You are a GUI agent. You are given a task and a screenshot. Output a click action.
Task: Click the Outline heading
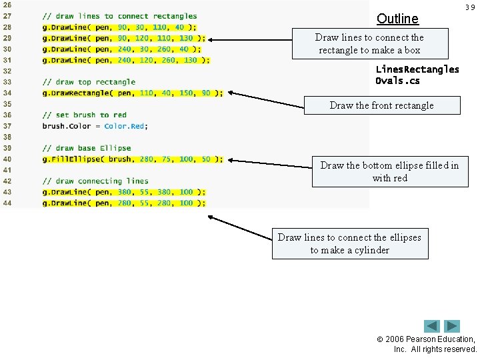coord(397,19)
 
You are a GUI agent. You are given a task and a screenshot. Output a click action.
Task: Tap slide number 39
coord(470,7)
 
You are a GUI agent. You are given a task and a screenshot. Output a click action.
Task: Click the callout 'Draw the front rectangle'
coord(381,105)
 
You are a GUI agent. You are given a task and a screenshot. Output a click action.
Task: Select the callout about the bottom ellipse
coord(389,171)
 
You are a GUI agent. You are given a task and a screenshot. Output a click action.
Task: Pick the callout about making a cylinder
coord(349,243)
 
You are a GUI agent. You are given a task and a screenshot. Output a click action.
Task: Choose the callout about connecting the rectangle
coord(369,44)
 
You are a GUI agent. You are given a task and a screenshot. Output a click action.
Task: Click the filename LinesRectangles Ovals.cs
coord(417,75)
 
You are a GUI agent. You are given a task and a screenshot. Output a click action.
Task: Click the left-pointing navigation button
coord(432,327)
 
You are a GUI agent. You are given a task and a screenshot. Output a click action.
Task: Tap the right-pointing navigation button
coord(453,327)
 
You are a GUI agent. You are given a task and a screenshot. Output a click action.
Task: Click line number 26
coord(7,5)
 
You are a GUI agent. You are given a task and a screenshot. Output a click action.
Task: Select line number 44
coord(7,203)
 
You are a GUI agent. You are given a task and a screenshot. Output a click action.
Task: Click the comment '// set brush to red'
coord(84,115)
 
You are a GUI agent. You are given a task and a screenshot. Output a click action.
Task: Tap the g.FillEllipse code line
coord(126,159)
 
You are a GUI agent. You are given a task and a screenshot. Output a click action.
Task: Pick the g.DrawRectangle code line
coord(133,93)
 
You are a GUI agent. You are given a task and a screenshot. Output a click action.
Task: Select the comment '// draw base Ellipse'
coord(87,148)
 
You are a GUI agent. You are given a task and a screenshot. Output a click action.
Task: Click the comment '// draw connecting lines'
coord(95,181)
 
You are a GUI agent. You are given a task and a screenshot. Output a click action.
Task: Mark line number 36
coord(7,115)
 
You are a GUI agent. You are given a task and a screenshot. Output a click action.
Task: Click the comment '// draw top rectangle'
coord(89,82)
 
